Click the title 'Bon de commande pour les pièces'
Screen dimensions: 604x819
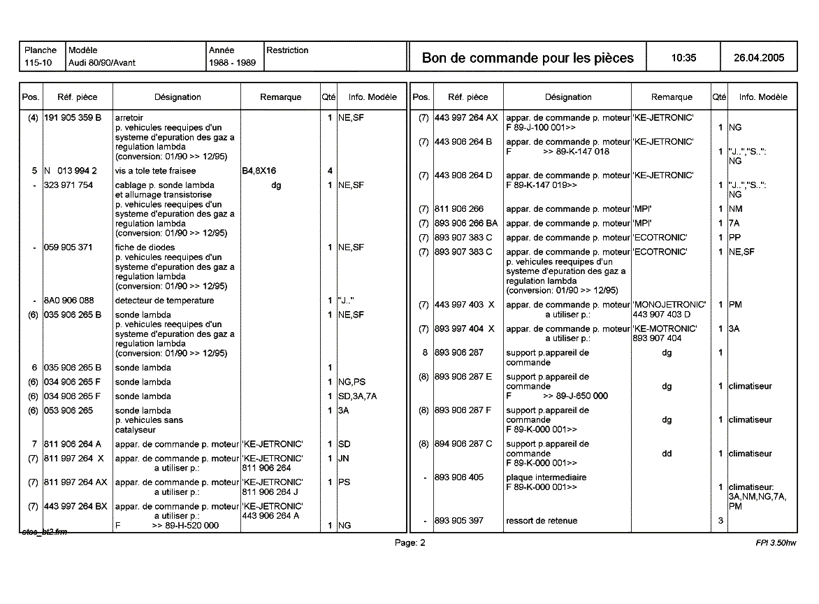(x=528, y=58)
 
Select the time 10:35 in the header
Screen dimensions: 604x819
(x=683, y=58)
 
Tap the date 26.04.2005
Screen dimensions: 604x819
(x=759, y=58)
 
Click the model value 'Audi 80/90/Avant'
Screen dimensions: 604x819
(x=102, y=63)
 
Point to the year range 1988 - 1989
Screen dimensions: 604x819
(x=232, y=63)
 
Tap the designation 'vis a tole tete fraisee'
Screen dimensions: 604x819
(x=155, y=171)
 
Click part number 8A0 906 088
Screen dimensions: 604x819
(x=68, y=301)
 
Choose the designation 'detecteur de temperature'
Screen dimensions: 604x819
(x=164, y=301)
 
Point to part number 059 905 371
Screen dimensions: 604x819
(x=68, y=247)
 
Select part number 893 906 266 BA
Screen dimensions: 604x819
(x=466, y=224)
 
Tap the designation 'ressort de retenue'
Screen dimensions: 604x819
(x=542, y=521)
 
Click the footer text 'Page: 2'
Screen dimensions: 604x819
(x=409, y=542)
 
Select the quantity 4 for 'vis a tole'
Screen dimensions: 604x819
(x=329, y=171)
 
